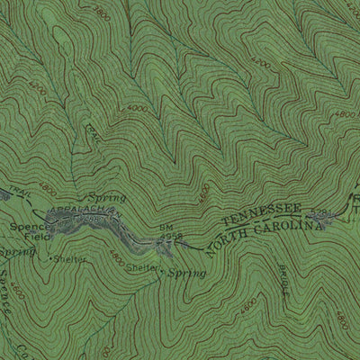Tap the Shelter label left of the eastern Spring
click(x=140, y=267)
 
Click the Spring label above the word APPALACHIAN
click(x=105, y=195)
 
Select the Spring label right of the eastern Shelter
click(x=187, y=272)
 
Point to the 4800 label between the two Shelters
click(x=116, y=257)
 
